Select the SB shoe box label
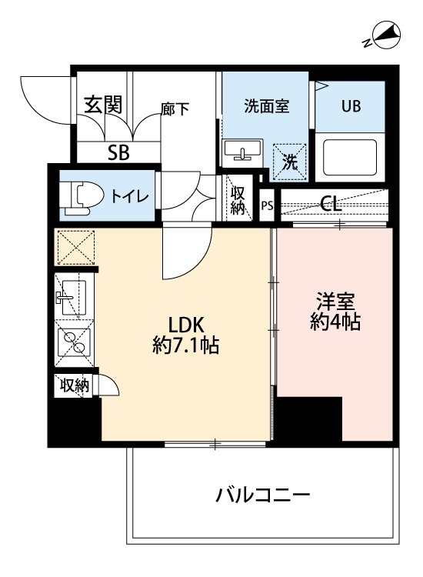click(118, 152)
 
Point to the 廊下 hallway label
click(175, 108)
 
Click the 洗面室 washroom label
click(266, 107)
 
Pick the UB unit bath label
click(351, 106)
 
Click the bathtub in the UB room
click(350, 157)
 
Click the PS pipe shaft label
click(267, 205)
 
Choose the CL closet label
click(331, 204)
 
